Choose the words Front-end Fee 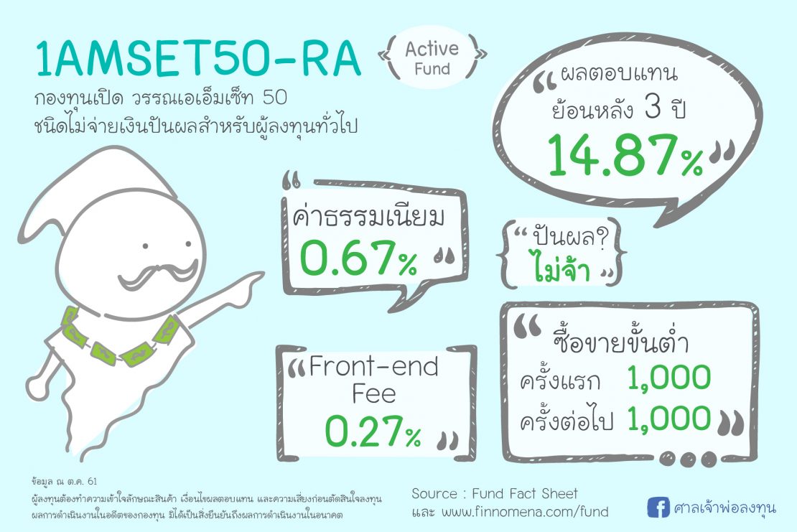[x=373, y=381]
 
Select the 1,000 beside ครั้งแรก [x=668, y=378]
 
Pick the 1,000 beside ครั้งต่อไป [x=668, y=419]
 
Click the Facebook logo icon [x=656, y=508]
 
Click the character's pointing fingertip [x=261, y=274]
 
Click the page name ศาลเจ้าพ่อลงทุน [x=725, y=508]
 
